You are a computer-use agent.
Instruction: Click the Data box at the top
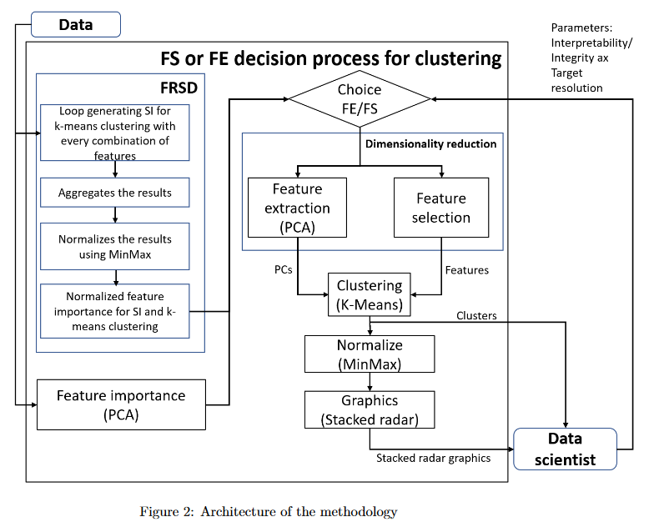pyautogui.click(x=75, y=24)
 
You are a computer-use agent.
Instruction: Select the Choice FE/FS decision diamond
pyautogui.click(x=360, y=99)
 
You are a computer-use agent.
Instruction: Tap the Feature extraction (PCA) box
pyautogui.click(x=297, y=208)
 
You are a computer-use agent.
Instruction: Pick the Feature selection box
pyautogui.click(x=441, y=208)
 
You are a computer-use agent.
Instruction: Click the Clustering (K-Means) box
pyautogui.click(x=369, y=295)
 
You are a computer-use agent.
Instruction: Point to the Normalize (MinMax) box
pyautogui.click(x=369, y=354)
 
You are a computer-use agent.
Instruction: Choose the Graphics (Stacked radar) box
pyautogui.click(x=369, y=409)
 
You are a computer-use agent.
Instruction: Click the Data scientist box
pyautogui.click(x=565, y=449)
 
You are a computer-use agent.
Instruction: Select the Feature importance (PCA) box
pyautogui.click(x=121, y=404)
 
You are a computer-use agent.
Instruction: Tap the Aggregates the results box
pyautogui.click(x=115, y=193)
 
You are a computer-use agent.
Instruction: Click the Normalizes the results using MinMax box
pyautogui.click(x=115, y=247)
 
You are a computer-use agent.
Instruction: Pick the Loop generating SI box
pyautogui.click(x=115, y=133)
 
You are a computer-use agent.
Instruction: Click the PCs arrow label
pyautogui.click(x=284, y=271)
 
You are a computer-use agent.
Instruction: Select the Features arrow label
pyautogui.click(x=467, y=271)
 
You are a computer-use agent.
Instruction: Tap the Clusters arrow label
pyautogui.click(x=476, y=316)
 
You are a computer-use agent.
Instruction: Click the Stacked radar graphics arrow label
pyautogui.click(x=433, y=458)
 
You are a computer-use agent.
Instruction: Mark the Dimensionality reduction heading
pyautogui.click(x=430, y=144)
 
